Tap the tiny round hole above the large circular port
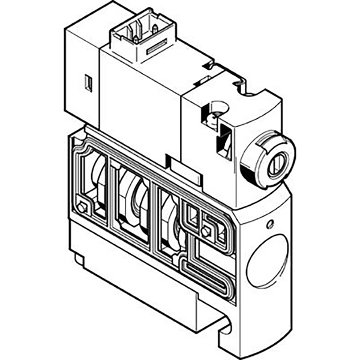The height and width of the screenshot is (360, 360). (x=271, y=224)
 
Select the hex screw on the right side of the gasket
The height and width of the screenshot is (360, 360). (x=206, y=232)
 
